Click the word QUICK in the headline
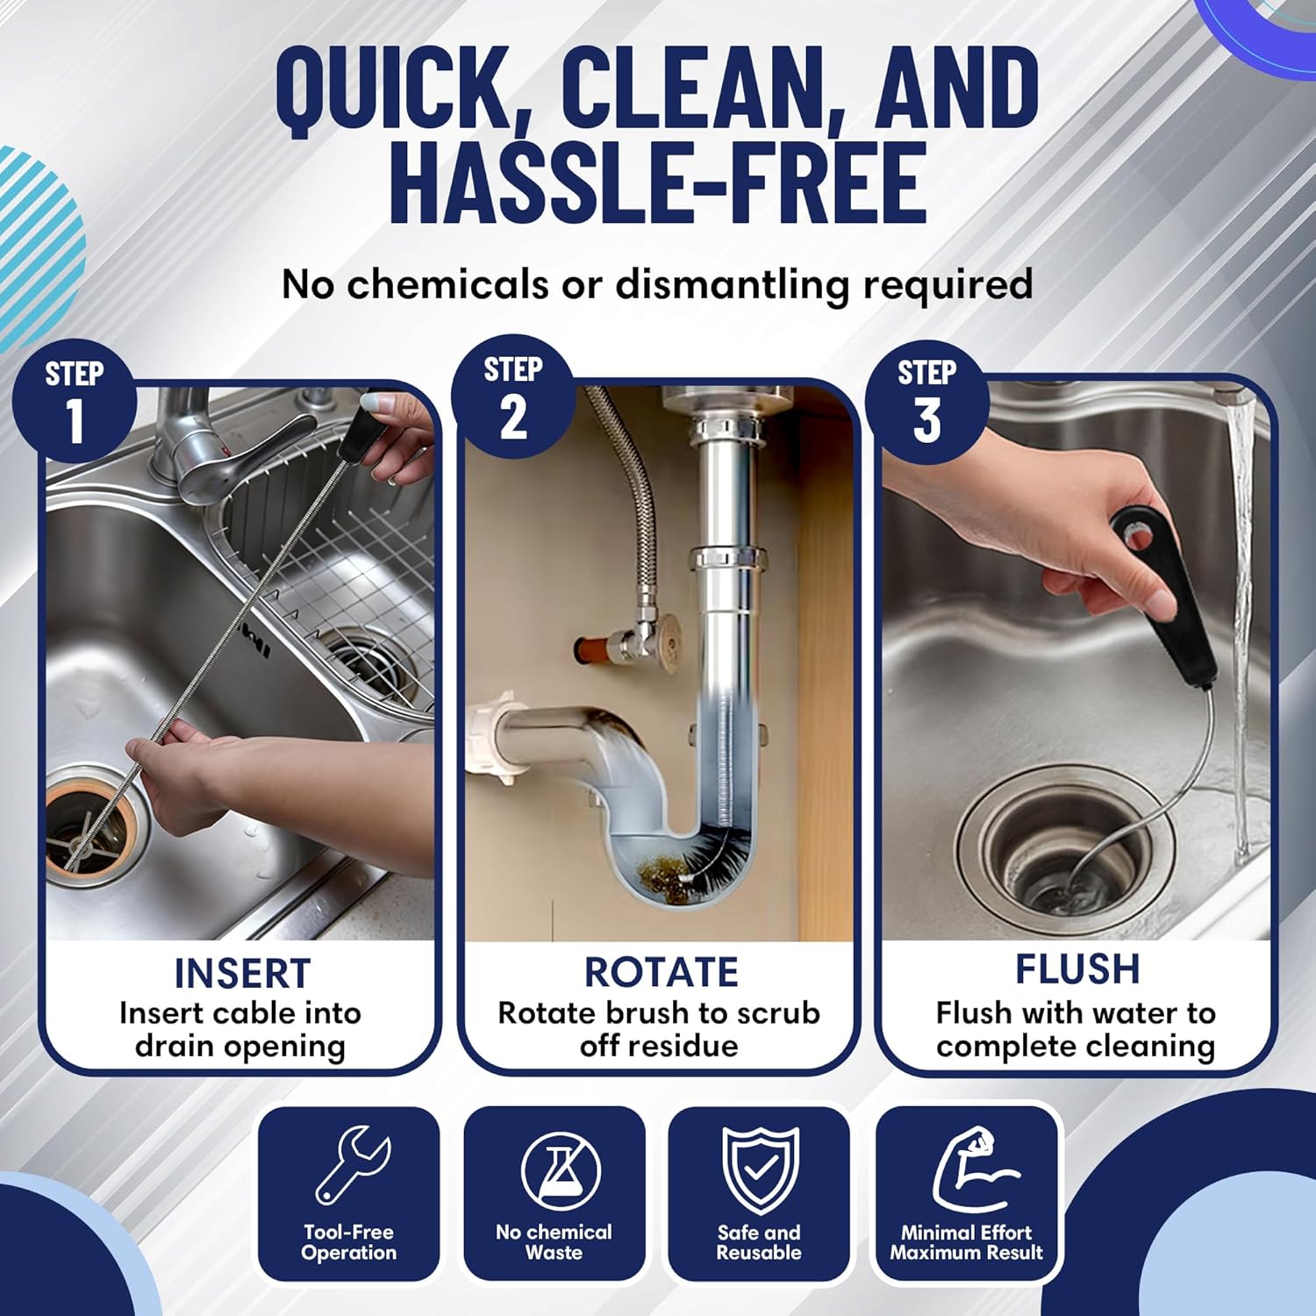(x=391, y=88)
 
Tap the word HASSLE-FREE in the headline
(x=658, y=184)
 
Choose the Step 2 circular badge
(x=513, y=397)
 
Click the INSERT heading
(x=242, y=974)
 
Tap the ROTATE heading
(x=661, y=972)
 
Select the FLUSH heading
(x=1077, y=969)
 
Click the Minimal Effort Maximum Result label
(x=967, y=1242)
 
